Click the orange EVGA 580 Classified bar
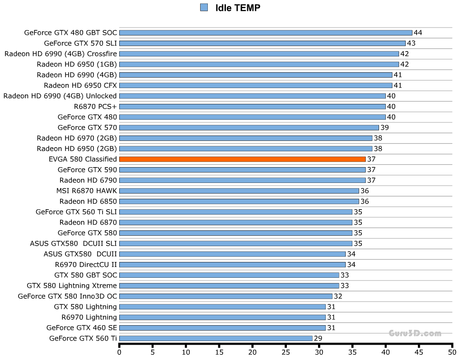[x=242, y=159]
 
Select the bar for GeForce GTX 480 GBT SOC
[x=266, y=33]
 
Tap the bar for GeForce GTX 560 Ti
[x=216, y=338]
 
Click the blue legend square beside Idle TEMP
[x=204, y=8]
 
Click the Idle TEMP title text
[x=238, y=8]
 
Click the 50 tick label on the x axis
[x=452, y=352]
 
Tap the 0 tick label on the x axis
[x=119, y=352]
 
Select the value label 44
[x=418, y=33]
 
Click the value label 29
[x=318, y=338]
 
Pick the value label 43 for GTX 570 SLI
[x=411, y=43]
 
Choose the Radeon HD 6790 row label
[x=88, y=180]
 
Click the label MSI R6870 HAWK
[x=87, y=191]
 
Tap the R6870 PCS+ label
[x=95, y=107]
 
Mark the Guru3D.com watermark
[x=415, y=333]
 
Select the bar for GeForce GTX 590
[x=242, y=170]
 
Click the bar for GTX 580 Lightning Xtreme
[x=229, y=285]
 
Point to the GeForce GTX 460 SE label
[x=81, y=328]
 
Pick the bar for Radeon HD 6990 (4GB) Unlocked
[x=252, y=96]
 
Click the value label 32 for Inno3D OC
[x=338, y=296]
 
